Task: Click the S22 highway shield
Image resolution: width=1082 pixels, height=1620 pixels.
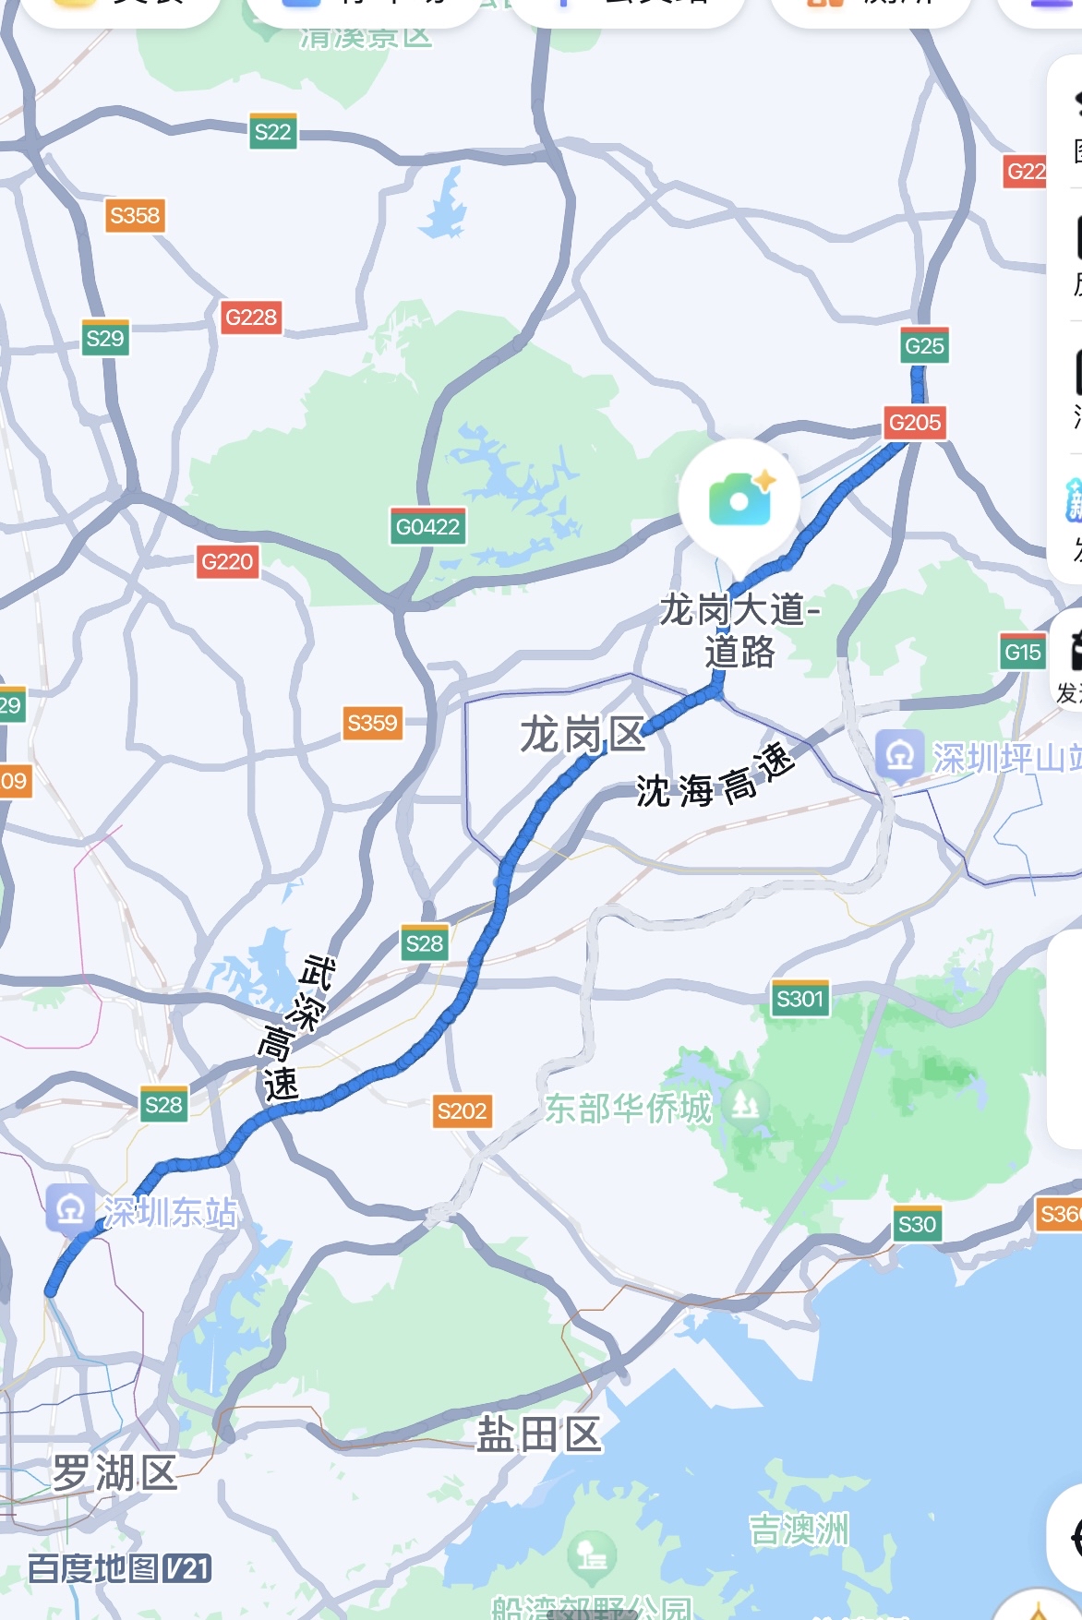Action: [x=272, y=132]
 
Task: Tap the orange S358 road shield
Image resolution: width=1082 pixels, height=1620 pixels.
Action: [x=135, y=216]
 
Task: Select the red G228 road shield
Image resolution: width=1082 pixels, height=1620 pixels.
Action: [x=251, y=318]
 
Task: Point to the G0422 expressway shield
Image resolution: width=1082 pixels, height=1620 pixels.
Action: [x=427, y=526]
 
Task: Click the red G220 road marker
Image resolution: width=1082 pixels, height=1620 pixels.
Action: [x=227, y=561]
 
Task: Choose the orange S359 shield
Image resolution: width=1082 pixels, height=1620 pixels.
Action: [x=372, y=723]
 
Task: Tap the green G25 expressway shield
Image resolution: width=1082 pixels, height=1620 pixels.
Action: [x=924, y=346]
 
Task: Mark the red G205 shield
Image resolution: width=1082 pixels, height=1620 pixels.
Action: [x=915, y=423]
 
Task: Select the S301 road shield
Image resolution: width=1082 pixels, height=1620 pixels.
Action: [x=799, y=999]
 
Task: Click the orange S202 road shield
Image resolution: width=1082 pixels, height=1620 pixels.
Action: [x=462, y=1110]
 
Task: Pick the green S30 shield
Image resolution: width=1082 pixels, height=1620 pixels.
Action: [x=917, y=1224]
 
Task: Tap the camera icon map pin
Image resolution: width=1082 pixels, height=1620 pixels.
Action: [x=739, y=500]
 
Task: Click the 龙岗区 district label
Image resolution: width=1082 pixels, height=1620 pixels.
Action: [x=582, y=736]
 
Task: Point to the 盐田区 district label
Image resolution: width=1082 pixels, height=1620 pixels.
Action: [x=539, y=1435]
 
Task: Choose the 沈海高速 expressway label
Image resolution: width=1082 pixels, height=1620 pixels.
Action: [x=715, y=777]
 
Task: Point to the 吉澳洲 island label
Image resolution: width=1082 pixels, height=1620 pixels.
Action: [x=799, y=1530]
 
